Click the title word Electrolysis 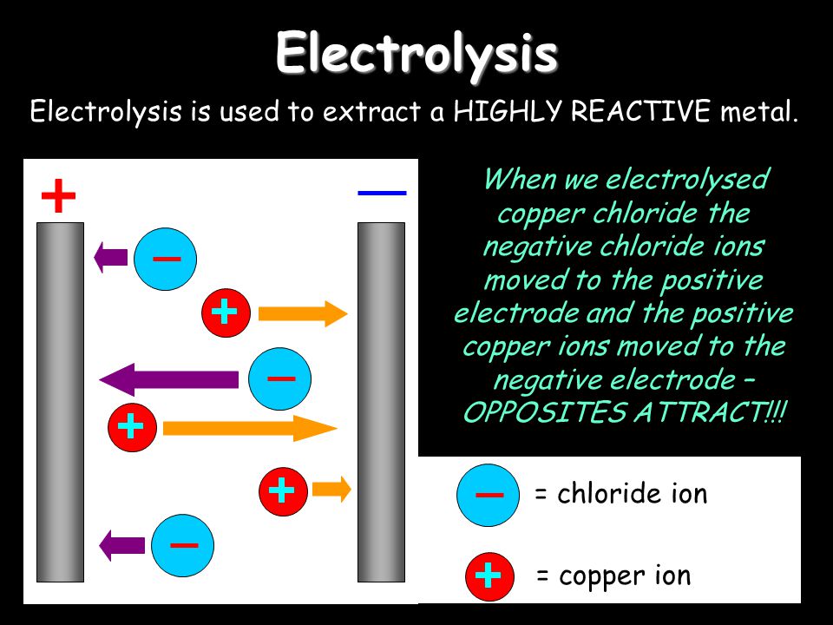coord(416,53)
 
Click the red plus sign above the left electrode coord(58,195)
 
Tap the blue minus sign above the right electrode coord(382,193)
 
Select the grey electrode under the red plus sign coord(60,402)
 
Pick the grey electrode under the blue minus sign coord(381,402)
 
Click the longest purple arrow coord(169,379)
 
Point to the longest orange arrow coord(250,428)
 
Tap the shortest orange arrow coord(331,490)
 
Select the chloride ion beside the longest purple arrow coord(280,379)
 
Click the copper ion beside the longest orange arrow coord(132,427)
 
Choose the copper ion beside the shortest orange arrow coord(283,491)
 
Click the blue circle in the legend coord(489,496)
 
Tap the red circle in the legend coord(489,576)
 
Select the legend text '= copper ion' coord(613,576)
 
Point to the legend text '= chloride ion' coord(621,494)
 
